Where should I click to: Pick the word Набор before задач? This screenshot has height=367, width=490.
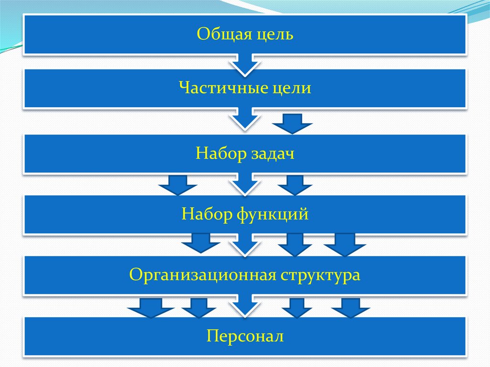[x=220, y=154]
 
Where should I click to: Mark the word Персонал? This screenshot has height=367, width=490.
[x=245, y=336]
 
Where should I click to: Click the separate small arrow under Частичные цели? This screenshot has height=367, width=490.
[x=292, y=123]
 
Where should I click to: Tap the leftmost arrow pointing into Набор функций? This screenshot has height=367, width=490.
[x=178, y=185]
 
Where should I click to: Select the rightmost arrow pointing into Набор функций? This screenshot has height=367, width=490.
[x=295, y=185]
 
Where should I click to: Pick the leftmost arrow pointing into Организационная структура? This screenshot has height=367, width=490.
[x=200, y=244]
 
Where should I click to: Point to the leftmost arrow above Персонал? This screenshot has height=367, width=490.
[x=150, y=308]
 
